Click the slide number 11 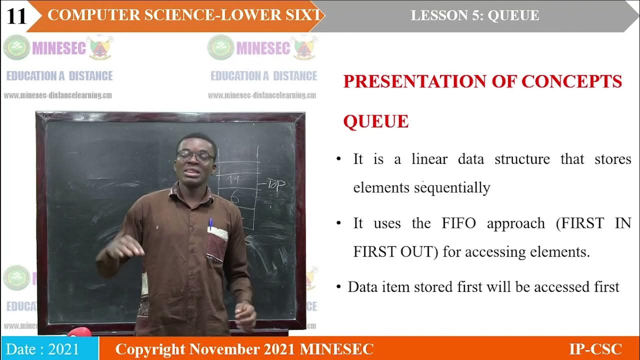(16, 16)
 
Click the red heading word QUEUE (375, 121)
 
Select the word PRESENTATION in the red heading (418, 81)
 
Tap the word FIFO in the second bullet (459, 223)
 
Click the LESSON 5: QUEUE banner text (474, 15)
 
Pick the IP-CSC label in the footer (595, 349)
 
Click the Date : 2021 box (49, 349)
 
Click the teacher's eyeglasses (195, 156)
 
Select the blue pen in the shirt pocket (210, 223)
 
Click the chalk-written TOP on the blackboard (276, 184)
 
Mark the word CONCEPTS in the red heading (571, 81)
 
